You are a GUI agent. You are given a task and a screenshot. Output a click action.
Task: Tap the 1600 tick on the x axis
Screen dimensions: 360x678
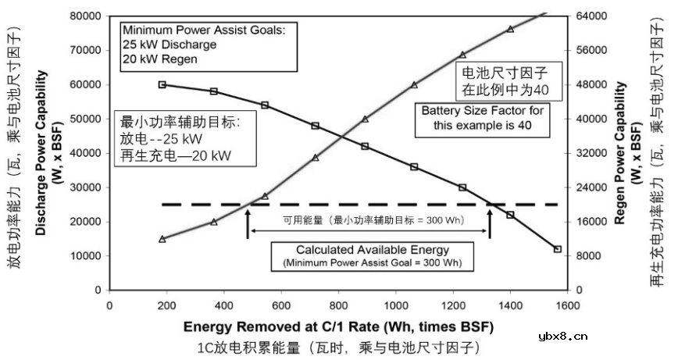pos(567,305)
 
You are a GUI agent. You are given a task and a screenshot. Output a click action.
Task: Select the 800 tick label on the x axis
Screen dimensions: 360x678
pos(338,305)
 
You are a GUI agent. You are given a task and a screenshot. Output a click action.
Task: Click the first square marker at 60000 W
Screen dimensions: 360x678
pos(162,84)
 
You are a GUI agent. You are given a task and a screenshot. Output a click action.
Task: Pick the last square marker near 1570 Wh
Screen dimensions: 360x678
pos(558,249)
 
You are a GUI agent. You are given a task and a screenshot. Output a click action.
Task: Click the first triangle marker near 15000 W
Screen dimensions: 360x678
pos(162,239)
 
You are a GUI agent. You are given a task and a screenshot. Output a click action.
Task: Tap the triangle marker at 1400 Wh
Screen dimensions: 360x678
pos(510,29)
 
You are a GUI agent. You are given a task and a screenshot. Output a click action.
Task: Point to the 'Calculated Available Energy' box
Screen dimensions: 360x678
pos(372,256)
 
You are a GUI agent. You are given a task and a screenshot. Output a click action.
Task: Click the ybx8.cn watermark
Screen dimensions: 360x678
pos(563,337)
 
